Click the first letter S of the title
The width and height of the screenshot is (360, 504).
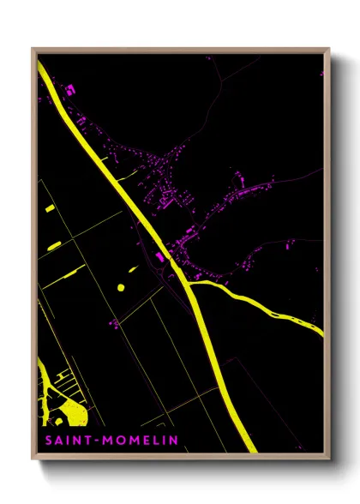point(47,441)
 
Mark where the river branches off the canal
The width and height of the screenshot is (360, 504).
point(189,284)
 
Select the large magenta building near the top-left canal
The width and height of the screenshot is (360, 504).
point(70,89)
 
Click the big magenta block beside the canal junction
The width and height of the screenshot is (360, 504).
point(160,256)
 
